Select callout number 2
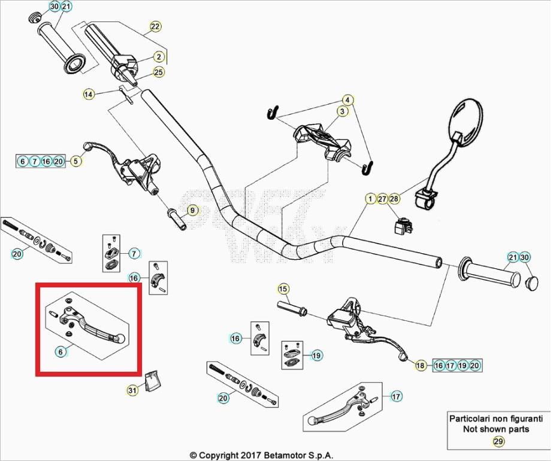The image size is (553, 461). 159,57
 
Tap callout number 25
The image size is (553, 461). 159,72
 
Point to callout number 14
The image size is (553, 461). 89,94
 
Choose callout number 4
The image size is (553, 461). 346,99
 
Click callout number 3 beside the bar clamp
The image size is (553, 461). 342,111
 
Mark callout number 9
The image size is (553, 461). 192,210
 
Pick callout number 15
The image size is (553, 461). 283,290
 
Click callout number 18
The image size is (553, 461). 420,365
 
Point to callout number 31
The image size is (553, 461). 132,391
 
